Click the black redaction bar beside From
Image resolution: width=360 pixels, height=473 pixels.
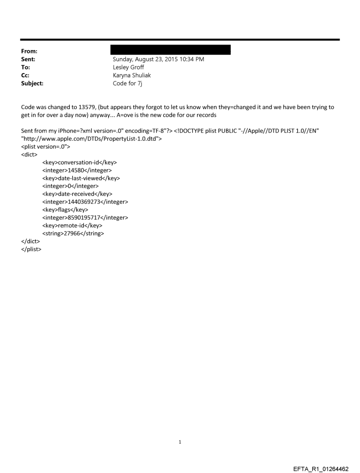[171, 49]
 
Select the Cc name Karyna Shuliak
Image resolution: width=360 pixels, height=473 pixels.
[132, 75]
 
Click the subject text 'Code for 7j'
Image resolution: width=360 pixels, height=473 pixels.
[127, 83]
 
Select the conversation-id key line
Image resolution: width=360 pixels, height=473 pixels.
[79, 162]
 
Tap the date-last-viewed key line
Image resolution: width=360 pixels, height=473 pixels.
[81, 178]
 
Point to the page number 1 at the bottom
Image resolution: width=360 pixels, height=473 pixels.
[180, 442]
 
